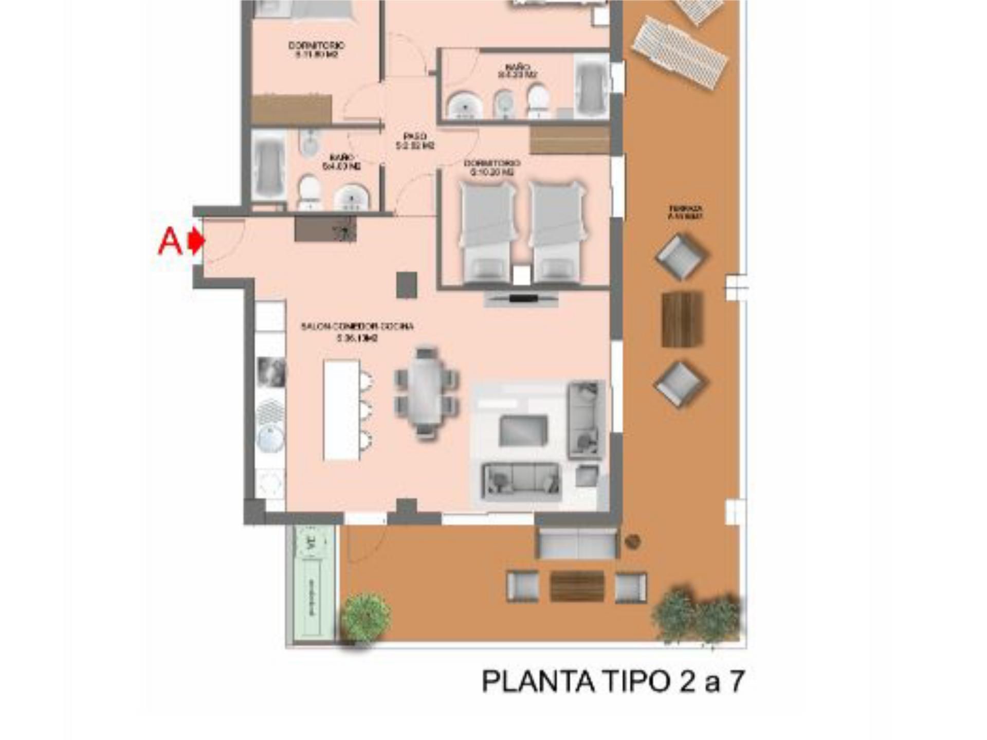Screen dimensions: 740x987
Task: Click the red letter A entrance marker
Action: tap(170, 241)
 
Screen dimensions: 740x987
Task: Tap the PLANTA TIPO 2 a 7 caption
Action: tap(612, 681)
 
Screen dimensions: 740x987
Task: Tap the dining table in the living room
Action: tap(426, 391)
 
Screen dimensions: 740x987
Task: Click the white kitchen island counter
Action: tap(341, 409)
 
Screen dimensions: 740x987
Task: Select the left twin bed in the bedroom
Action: tap(487, 231)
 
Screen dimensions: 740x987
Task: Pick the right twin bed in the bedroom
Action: tap(557, 231)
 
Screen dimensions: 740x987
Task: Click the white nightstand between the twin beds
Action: tap(521, 275)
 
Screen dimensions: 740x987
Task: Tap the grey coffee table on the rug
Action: tap(523, 430)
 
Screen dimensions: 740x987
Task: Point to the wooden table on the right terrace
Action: tap(682, 319)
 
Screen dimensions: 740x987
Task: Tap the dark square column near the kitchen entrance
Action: tap(406, 285)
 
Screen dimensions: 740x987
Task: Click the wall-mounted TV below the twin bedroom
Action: tap(522, 298)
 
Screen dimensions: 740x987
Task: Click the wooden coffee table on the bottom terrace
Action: tap(577, 586)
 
